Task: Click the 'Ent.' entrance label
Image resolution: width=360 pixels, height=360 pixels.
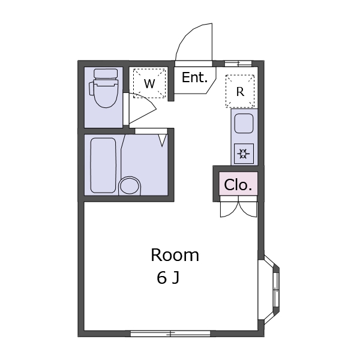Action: (x=194, y=77)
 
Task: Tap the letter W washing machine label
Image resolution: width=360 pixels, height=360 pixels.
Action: (x=149, y=83)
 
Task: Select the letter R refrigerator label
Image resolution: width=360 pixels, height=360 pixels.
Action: (x=240, y=92)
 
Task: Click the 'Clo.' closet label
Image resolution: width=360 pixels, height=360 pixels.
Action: (x=238, y=185)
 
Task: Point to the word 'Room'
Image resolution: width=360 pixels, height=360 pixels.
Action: (x=175, y=255)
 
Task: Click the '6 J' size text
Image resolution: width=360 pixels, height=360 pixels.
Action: (x=168, y=278)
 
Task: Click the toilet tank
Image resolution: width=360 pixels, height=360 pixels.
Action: (x=106, y=73)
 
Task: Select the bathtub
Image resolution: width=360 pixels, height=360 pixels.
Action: (x=103, y=166)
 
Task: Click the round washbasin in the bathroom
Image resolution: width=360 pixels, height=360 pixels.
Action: (x=130, y=186)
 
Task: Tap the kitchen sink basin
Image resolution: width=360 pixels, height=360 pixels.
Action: (x=244, y=124)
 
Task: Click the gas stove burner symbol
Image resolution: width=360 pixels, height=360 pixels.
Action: (x=244, y=154)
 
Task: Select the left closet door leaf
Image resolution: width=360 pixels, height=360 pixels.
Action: (x=229, y=209)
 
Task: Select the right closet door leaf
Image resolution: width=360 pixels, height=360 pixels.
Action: (x=248, y=209)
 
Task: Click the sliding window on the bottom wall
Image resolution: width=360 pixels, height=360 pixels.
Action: (x=170, y=334)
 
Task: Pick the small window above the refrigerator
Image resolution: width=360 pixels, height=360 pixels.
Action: (x=238, y=64)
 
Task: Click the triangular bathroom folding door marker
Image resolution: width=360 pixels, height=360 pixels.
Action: (x=163, y=140)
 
